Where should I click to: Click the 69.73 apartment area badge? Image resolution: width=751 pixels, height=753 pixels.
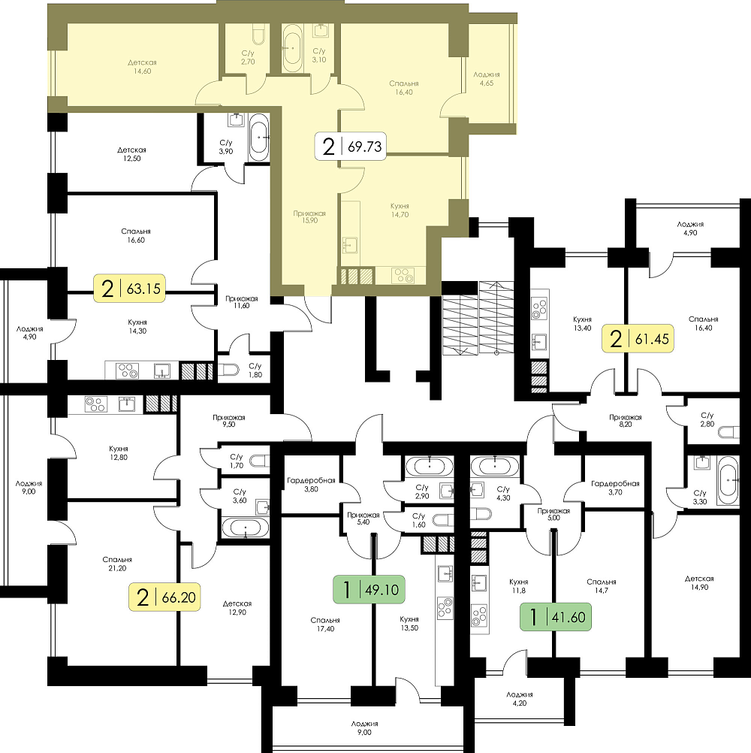[351, 146]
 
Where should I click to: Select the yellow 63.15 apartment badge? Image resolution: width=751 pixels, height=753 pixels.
[130, 288]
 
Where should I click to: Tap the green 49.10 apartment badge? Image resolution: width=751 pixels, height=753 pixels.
[369, 589]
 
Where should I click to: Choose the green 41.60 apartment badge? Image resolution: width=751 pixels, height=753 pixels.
[556, 617]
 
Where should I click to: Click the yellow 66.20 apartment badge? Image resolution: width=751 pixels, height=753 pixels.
[164, 597]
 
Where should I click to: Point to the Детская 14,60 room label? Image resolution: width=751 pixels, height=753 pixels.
[142, 67]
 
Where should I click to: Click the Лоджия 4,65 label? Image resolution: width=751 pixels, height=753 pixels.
[486, 79]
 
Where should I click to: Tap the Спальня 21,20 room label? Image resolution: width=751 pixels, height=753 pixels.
[117, 564]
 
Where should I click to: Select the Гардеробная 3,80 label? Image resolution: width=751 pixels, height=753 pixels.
[311, 485]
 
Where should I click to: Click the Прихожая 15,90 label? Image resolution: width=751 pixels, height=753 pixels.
[309, 217]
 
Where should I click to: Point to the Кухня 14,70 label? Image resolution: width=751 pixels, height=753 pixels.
[400, 210]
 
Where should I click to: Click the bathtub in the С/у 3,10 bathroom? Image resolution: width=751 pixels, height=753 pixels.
[292, 48]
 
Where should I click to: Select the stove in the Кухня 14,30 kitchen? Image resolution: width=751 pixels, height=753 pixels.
[128, 370]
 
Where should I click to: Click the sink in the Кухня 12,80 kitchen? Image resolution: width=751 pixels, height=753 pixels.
[127, 404]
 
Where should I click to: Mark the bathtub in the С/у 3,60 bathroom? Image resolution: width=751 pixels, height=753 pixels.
[246, 528]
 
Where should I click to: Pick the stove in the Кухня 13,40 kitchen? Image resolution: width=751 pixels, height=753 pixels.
[540, 309]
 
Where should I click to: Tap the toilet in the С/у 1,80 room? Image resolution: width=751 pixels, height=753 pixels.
[228, 370]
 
